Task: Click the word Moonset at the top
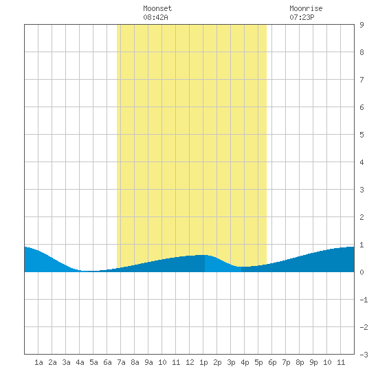pyautogui.click(x=157, y=8)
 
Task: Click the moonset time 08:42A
pyautogui.click(x=155, y=17)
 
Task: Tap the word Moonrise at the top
pyautogui.click(x=306, y=8)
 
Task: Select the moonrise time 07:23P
pyautogui.click(x=302, y=17)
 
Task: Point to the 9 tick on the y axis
pyautogui.click(x=362, y=25)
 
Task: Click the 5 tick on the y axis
pyautogui.click(x=362, y=135)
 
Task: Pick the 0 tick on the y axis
pyautogui.click(x=362, y=272)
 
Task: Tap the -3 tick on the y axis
pyautogui.click(x=364, y=355)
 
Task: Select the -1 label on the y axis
pyautogui.click(x=364, y=300)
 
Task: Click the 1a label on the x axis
pyautogui.click(x=38, y=362)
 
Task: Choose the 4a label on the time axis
pyautogui.click(x=80, y=362)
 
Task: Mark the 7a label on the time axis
pyautogui.click(x=121, y=362)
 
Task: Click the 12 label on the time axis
pyautogui.click(x=190, y=362)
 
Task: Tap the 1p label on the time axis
pyautogui.click(x=203, y=362)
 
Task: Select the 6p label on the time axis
pyautogui.click(x=272, y=362)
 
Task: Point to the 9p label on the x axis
pyautogui.click(x=313, y=362)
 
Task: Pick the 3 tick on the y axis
pyautogui.click(x=362, y=190)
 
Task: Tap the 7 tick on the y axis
pyautogui.click(x=362, y=80)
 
